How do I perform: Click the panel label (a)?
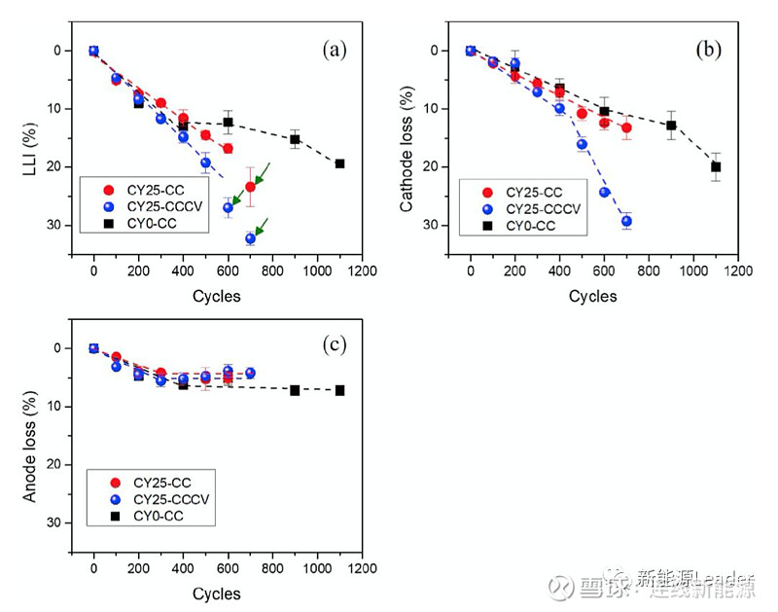click(335, 51)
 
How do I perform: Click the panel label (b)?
click(710, 51)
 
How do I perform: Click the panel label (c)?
click(335, 343)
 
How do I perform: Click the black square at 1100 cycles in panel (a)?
click(339, 163)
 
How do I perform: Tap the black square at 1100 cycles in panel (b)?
click(716, 166)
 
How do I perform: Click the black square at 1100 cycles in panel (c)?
click(339, 390)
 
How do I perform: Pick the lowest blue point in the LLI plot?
click(250, 238)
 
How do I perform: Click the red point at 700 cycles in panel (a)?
click(250, 186)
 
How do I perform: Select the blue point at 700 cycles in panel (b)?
click(626, 221)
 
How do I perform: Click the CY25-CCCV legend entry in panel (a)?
click(160, 207)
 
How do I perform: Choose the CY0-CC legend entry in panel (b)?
click(533, 226)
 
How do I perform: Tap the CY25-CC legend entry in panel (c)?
click(159, 482)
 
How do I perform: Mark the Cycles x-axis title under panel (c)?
click(216, 594)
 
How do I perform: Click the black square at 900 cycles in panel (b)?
click(671, 125)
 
